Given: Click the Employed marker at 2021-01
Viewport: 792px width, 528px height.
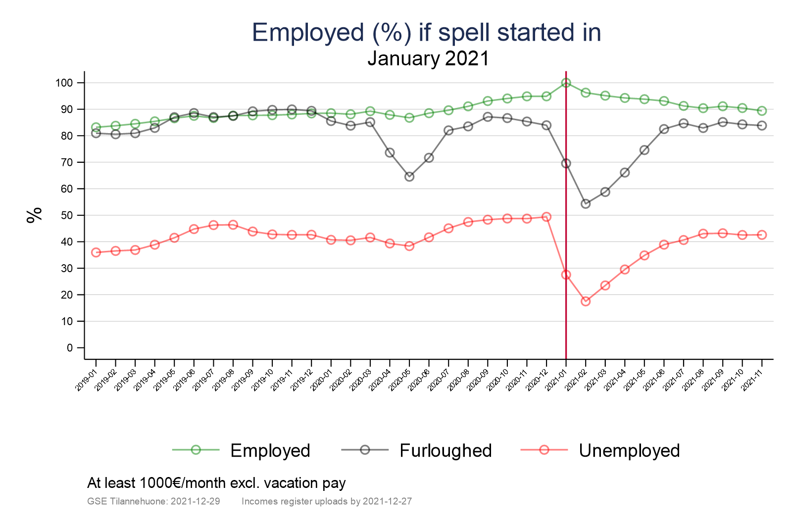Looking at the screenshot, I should pos(566,83).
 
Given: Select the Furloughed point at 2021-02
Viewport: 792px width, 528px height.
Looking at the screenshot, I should pos(586,203).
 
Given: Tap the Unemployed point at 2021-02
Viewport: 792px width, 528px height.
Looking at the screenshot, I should pos(586,301).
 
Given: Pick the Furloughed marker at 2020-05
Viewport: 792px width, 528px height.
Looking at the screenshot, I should pos(409,177).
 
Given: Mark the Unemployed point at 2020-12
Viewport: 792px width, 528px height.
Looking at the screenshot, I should pos(546,217).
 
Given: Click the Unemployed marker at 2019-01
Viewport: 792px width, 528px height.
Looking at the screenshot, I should pos(96,252).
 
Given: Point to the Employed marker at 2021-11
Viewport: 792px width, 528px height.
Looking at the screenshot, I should pos(762,111).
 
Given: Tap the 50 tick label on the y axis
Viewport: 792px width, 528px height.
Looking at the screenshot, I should pos(66,215).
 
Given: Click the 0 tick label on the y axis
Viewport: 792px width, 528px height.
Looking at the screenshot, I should pos(69,348).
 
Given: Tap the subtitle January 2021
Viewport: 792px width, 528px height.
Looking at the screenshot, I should pos(428,58).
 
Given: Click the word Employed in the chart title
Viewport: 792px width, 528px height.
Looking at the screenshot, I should pos(308,33).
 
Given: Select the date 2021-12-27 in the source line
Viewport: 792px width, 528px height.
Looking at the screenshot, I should pos(387,501).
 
